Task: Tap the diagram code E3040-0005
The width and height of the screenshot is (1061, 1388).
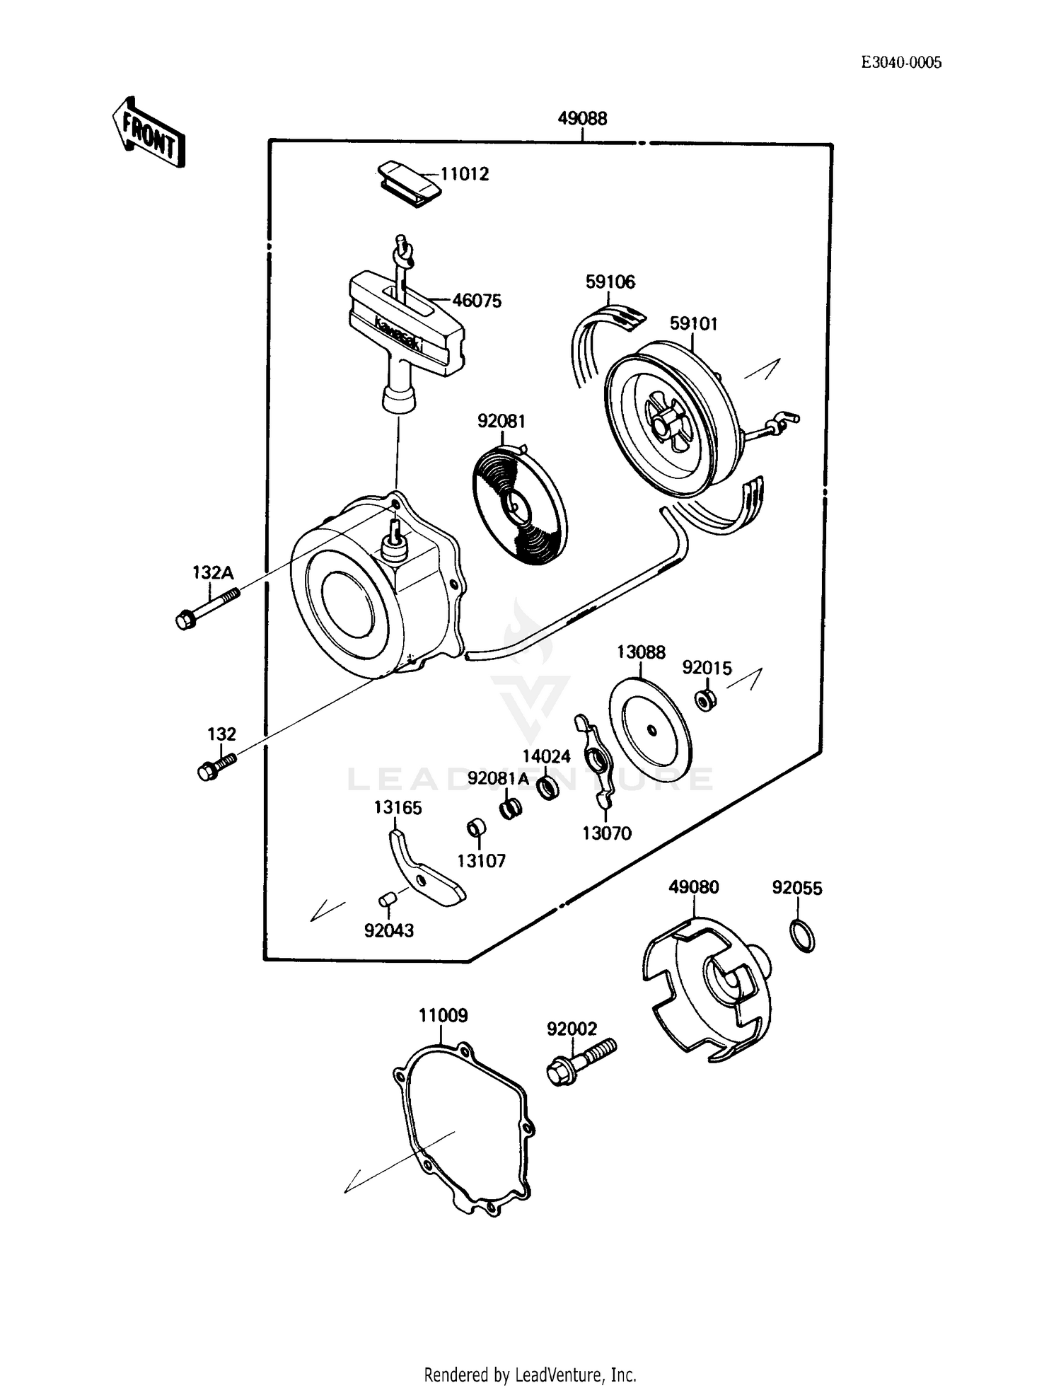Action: (x=900, y=62)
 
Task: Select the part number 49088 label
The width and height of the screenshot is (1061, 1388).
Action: (x=581, y=118)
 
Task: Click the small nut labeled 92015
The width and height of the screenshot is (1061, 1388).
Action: (x=705, y=700)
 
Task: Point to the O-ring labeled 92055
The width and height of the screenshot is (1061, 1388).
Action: (x=801, y=937)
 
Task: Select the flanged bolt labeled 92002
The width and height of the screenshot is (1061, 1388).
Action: (x=581, y=1062)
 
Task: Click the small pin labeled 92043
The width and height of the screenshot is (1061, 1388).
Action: (x=387, y=899)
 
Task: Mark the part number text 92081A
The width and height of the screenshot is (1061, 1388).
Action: (x=498, y=778)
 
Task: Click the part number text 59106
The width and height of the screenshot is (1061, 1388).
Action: (x=610, y=282)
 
